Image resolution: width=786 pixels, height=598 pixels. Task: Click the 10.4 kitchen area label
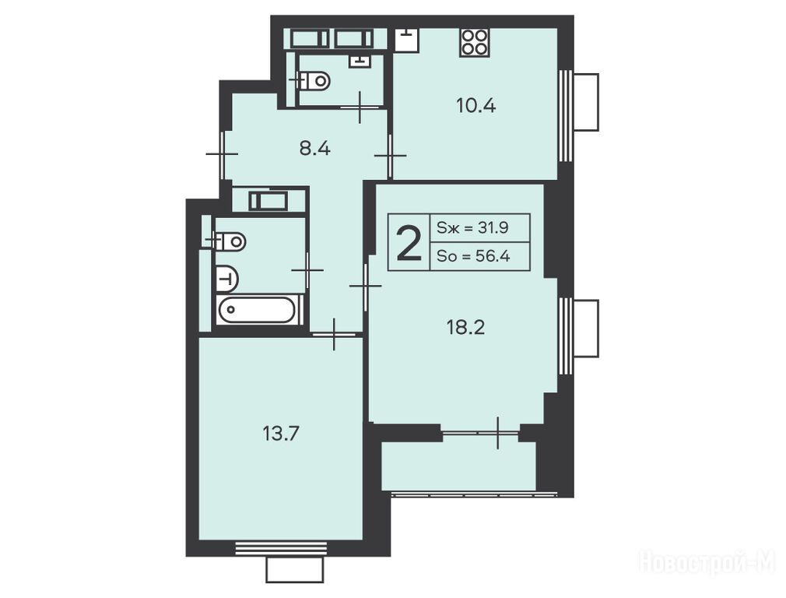[475, 106]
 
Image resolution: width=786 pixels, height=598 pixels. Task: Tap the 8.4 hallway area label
[315, 149]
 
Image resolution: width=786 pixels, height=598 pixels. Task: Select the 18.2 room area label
[465, 328]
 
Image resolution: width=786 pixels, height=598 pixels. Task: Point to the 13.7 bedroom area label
[281, 433]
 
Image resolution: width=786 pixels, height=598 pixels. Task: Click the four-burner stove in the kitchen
[474, 42]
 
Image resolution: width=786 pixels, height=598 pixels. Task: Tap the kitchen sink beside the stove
[406, 40]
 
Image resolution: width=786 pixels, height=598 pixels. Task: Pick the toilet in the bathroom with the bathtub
[229, 241]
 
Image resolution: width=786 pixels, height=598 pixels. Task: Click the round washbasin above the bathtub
[227, 279]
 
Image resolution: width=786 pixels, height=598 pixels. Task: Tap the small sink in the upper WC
[360, 62]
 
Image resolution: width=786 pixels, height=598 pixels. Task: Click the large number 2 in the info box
[409, 243]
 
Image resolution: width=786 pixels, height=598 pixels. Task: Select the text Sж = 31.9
[472, 228]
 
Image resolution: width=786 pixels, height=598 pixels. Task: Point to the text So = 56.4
[473, 256]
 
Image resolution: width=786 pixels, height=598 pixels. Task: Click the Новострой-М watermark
[707, 562]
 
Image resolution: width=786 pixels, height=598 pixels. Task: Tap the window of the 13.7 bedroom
[281, 548]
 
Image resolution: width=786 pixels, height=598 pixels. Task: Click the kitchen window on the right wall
[566, 115]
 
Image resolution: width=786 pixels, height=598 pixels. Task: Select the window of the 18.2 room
[566, 336]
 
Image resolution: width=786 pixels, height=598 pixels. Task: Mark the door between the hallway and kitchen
[390, 156]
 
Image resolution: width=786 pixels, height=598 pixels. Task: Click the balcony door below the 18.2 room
[480, 432]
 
